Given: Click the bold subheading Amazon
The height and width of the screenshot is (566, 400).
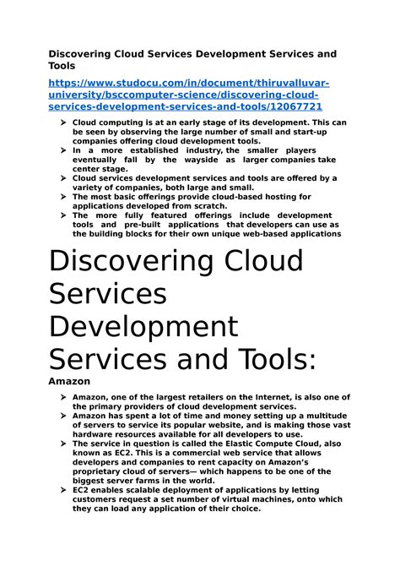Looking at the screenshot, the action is (68, 382).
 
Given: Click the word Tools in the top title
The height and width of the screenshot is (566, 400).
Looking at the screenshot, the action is (62, 66).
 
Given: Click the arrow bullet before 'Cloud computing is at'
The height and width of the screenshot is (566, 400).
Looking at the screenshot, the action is (63, 122).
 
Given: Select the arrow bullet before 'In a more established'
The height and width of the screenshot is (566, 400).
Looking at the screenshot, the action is (63, 150).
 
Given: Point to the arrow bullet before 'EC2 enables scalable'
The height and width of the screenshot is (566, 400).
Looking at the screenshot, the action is (63, 490).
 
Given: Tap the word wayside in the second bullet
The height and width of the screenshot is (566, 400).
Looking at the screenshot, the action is (230, 159).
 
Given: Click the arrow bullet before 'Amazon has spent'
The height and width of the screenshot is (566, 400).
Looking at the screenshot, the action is (63, 416).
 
